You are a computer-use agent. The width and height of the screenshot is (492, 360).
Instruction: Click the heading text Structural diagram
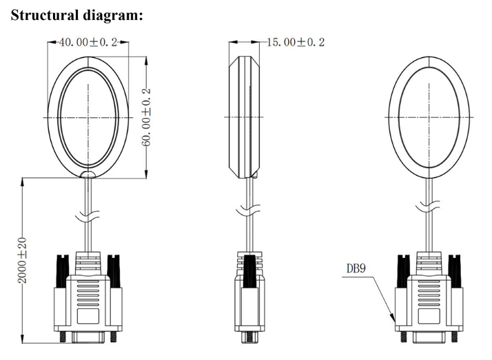[x=77, y=15]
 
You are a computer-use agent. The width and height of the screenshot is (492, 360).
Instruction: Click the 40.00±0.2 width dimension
[x=88, y=42]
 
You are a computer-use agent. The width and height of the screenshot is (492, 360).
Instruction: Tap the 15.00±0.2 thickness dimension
[x=296, y=42]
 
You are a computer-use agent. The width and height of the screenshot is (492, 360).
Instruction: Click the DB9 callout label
[x=356, y=270]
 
